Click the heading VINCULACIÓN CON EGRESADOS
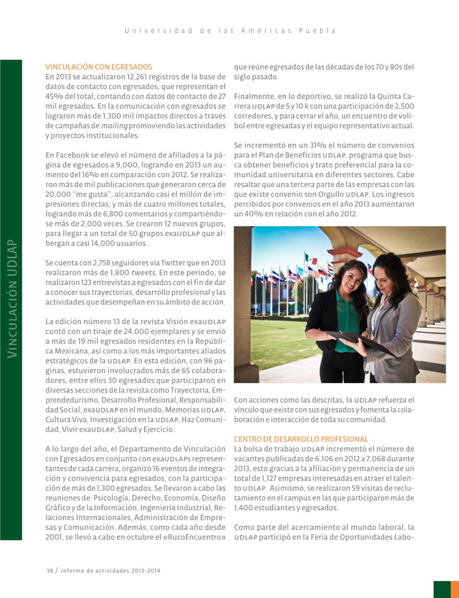coord(99,67)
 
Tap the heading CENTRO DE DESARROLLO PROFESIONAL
coord(301,439)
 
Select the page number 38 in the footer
coord(50,570)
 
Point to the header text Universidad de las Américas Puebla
coord(230,31)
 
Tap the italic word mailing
coord(114,126)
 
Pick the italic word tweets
coord(144,272)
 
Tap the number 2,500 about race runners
coord(404,106)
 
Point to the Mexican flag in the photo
coord(311,259)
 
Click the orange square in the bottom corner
coord(454,589)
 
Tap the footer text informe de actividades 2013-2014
coord(110,570)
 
